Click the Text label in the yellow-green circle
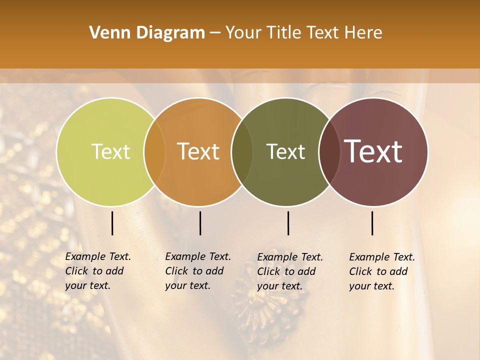(x=110, y=151)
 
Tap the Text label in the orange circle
(x=198, y=151)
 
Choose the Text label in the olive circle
(x=285, y=151)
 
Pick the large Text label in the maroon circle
(x=373, y=151)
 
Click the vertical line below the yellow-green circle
(x=112, y=223)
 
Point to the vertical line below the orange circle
(x=200, y=223)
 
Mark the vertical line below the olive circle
(x=288, y=223)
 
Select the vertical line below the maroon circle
(x=372, y=223)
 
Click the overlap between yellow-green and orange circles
(x=154, y=151)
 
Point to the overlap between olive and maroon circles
(x=329, y=151)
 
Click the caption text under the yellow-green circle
(x=97, y=271)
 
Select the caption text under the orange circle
(x=197, y=271)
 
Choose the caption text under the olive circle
(x=289, y=271)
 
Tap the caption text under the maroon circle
(x=381, y=271)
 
